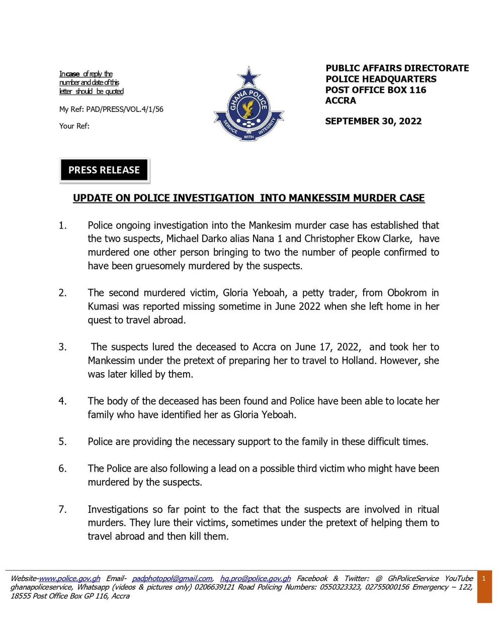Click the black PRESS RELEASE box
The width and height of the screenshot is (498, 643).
pyautogui.click(x=104, y=170)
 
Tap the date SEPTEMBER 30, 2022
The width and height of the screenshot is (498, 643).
pyautogui.click(x=373, y=121)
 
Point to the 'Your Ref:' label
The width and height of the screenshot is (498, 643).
pyautogui.click(x=74, y=126)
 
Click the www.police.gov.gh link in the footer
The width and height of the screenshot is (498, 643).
pyautogui.click(x=69, y=579)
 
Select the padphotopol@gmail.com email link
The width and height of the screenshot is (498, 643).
pyautogui.click(x=172, y=579)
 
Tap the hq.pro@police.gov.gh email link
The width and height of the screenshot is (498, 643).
pyautogui.click(x=255, y=579)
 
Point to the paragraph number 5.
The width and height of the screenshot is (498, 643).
pyautogui.click(x=62, y=442)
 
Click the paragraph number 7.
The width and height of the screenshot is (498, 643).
pyautogui.click(x=62, y=509)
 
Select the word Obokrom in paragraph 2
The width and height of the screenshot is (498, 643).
pyautogui.click(x=407, y=293)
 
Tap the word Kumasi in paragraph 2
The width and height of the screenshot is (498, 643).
pyautogui.click(x=103, y=306)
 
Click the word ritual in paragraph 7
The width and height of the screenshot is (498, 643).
pyautogui.click(x=425, y=509)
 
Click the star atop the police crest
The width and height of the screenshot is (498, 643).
pyautogui.click(x=248, y=77)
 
